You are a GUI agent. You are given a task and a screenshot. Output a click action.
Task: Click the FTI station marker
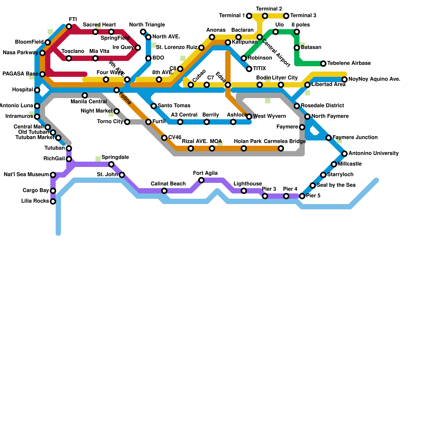[69, 26]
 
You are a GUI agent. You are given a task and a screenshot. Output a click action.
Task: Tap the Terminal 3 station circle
[286, 16]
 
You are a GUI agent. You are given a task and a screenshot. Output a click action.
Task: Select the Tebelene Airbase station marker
[323, 64]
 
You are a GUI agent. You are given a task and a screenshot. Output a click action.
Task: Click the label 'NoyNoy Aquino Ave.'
[374, 79]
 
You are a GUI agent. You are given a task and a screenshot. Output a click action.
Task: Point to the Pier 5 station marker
[302, 196]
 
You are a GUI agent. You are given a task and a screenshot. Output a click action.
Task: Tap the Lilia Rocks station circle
[53, 201]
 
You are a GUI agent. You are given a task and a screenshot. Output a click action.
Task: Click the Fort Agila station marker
[201, 180]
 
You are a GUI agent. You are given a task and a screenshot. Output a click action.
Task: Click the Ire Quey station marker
[138, 48]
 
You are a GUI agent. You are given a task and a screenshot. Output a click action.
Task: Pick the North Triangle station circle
[143, 32]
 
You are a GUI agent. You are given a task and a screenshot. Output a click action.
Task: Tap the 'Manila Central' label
[89, 101]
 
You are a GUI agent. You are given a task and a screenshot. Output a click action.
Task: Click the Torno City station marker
[127, 122]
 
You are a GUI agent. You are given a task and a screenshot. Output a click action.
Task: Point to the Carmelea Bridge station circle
[281, 148]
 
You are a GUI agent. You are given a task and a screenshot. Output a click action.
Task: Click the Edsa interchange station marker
[228, 85]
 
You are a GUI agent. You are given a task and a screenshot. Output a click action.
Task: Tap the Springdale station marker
[111, 164]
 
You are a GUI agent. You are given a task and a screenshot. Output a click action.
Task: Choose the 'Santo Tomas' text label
[174, 106]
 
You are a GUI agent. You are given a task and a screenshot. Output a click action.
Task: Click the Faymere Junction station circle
[329, 138]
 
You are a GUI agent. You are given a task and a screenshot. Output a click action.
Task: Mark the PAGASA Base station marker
[42, 74]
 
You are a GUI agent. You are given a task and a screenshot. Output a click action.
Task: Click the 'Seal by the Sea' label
[336, 185]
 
